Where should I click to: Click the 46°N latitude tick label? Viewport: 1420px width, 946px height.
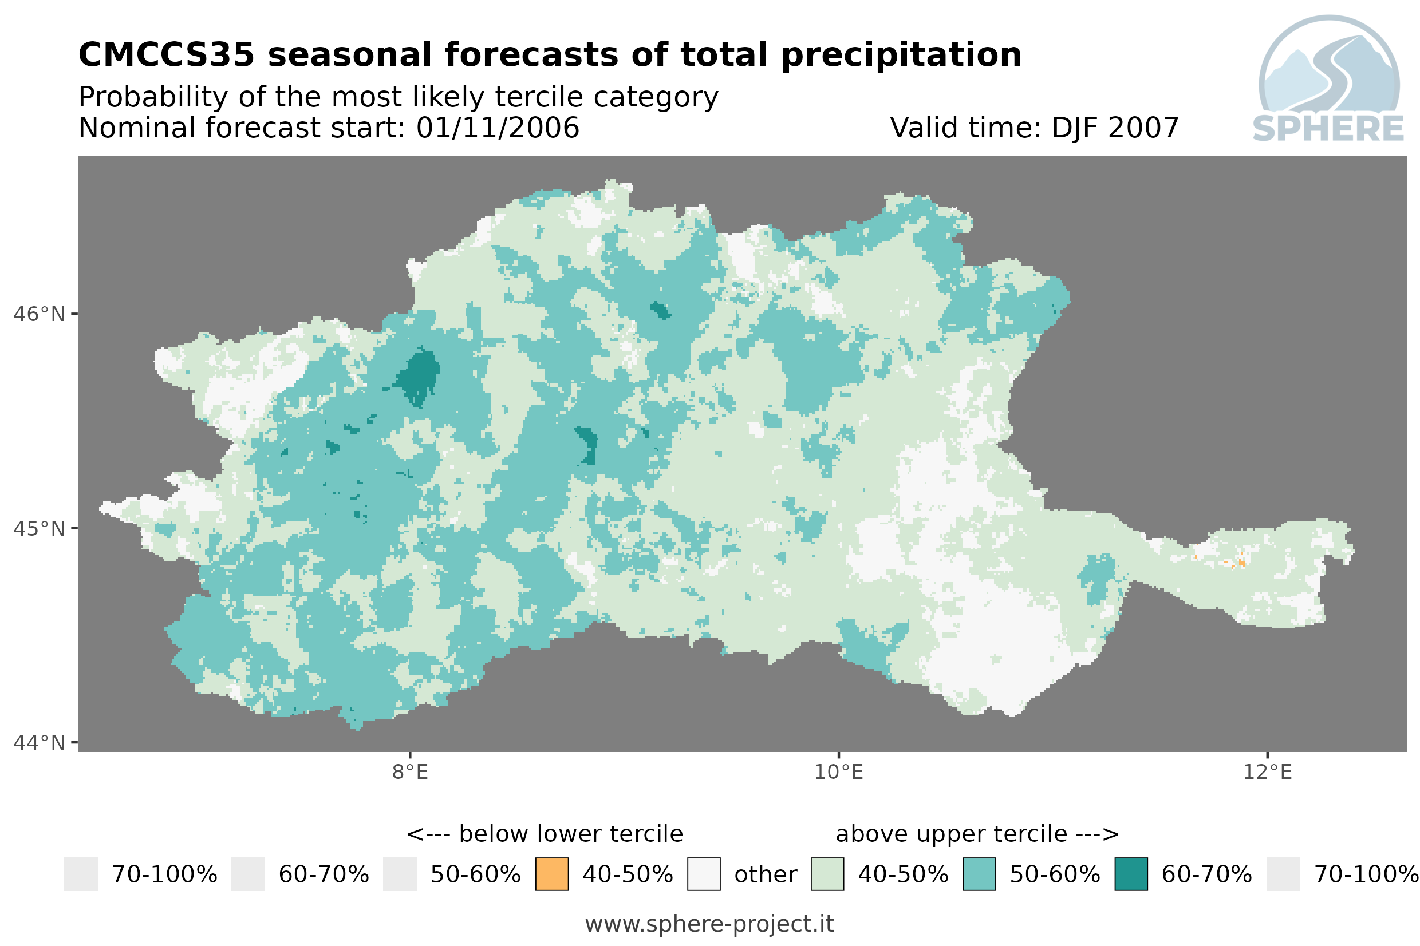pos(38,314)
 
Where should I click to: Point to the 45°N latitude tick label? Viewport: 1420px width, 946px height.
pos(38,528)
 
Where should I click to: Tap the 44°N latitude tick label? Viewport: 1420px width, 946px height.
pos(38,743)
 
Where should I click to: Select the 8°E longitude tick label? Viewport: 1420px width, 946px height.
pos(411,772)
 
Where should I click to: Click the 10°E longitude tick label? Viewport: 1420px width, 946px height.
pos(839,772)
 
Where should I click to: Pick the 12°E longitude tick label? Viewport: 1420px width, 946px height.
pos(1267,772)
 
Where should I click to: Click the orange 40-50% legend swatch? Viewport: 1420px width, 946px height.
pos(552,874)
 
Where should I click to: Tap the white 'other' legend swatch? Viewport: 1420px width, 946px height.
pos(704,874)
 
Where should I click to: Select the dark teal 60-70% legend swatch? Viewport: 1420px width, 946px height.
pos(1131,874)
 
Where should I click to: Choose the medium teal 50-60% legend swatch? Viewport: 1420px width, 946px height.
pos(980,874)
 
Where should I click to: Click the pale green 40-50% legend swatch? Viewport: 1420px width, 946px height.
pos(827,874)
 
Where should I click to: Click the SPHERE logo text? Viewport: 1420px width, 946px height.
pos(1328,129)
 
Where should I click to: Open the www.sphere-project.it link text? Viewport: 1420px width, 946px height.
pos(709,924)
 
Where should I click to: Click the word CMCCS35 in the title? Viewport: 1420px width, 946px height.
pos(167,55)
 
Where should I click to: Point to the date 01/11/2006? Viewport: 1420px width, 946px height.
pos(498,128)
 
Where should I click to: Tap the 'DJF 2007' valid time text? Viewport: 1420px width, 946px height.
pos(1115,128)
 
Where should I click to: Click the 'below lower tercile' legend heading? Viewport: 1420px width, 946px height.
pos(571,834)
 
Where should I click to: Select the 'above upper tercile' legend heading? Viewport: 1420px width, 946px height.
pos(952,834)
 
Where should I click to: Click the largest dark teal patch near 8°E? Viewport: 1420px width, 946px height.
pos(418,377)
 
